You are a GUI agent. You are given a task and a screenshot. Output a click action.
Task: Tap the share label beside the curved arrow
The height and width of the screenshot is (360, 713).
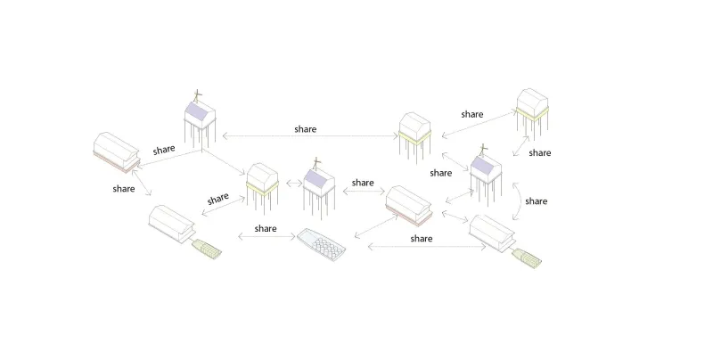536,201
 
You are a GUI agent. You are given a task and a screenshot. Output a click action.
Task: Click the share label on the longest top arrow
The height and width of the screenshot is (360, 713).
305,129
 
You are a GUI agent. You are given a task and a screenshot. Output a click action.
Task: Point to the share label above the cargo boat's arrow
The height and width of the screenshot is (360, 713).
265,229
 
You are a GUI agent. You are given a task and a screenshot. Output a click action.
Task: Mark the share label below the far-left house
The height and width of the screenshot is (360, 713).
124,189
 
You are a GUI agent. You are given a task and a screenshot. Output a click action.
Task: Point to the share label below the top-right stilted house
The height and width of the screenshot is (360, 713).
540,153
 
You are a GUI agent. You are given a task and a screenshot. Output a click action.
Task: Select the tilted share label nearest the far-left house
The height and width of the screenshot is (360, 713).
164,150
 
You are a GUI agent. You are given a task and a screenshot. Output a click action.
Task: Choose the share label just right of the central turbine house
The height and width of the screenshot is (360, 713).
362,183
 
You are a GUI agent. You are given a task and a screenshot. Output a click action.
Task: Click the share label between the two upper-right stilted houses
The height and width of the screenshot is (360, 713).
472,114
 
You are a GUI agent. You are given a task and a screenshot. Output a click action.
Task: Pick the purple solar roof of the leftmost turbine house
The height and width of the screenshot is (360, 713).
197,114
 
